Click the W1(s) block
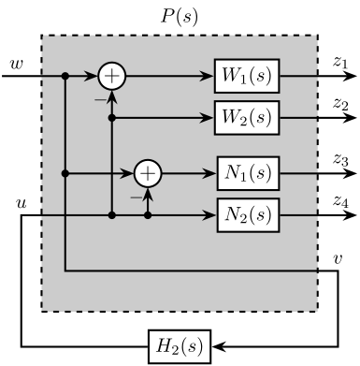coord(247,75)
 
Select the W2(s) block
coord(247,118)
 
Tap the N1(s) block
coord(248,173)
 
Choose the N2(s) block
coord(248,215)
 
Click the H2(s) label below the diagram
coord(180,345)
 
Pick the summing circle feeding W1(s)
coord(111,75)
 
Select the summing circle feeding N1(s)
coord(148,173)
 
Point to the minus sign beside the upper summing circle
coord(99,96)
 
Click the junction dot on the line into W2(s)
coord(111,118)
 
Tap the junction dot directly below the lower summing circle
coord(148,215)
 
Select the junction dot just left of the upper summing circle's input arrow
coord(65,75)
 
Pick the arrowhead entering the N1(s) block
coord(210,173)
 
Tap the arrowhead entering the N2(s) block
coord(210,215)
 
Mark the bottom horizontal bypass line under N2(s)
coord(187,271)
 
